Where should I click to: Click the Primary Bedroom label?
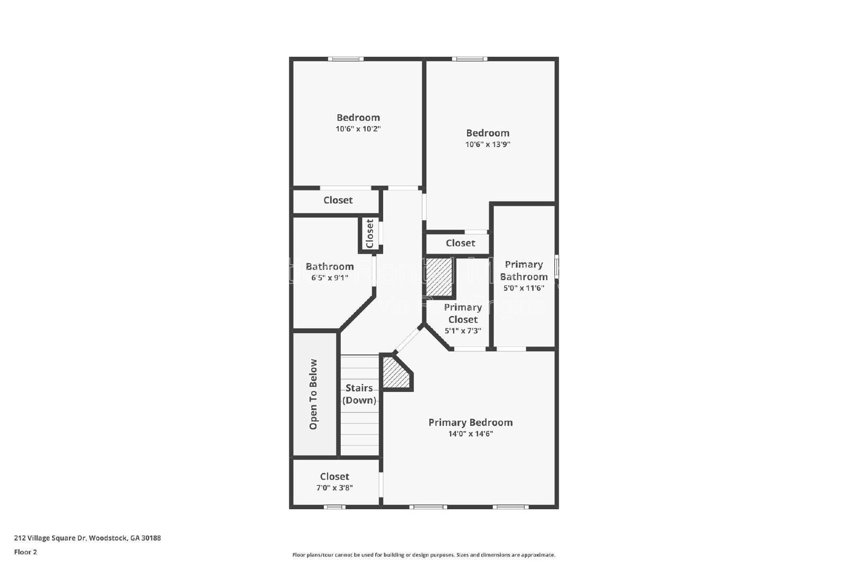tap(470, 422)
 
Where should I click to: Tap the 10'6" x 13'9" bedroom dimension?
tap(488, 144)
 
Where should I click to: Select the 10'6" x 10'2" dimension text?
tap(358, 129)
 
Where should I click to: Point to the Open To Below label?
tap(313, 394)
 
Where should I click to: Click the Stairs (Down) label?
tap(359, 394)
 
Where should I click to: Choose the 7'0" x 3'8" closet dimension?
tap(334, 487)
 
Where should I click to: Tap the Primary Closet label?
tap(463, 313)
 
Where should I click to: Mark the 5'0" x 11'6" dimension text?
tap(524, 288)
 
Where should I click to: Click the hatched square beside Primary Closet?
tap(439, 277)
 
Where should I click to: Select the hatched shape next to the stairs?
tap(395, 373)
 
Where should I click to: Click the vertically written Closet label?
tap(370, 233)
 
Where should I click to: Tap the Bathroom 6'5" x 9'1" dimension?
tap(329, 277)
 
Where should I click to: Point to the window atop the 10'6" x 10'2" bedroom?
tap(346, 59)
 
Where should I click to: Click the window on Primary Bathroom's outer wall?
tap(556, 266)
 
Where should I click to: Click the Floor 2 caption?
tap(25, 552)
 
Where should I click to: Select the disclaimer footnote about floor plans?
tap(423, 555)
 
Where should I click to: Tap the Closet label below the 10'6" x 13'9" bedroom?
tap(460, 243)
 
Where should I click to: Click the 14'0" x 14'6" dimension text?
tap(471, 434)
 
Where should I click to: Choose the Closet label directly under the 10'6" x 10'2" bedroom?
tap(338, 200)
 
